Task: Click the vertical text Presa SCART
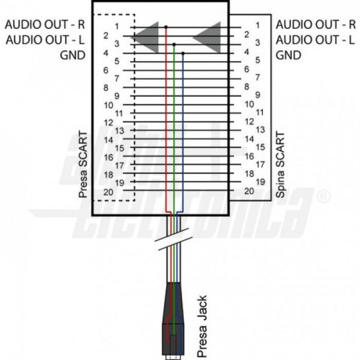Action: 83,163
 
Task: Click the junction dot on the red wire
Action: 166,26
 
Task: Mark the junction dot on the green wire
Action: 174,44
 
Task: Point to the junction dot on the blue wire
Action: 182,53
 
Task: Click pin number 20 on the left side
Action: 109,191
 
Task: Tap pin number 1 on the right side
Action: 257,25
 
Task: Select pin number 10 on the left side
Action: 108,104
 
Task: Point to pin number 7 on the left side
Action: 116,78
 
